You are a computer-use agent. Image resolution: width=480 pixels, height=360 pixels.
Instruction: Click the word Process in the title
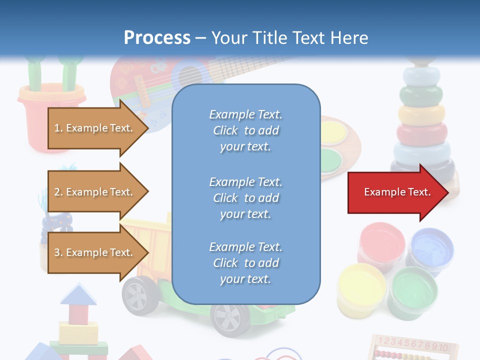157,38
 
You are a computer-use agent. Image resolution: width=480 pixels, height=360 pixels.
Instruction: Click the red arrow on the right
397,192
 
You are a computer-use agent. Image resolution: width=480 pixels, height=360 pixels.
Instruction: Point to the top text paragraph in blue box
245,130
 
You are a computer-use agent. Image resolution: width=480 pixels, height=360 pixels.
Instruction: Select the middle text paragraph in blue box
245,198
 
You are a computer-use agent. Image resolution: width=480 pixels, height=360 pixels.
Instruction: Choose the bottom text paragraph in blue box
245,263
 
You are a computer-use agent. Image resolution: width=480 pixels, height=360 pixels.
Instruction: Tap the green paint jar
413,292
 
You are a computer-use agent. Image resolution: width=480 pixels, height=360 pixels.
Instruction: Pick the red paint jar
382,243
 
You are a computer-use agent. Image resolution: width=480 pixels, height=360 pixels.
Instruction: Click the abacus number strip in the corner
415,344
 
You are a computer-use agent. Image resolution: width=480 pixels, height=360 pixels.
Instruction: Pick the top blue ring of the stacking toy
422,75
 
